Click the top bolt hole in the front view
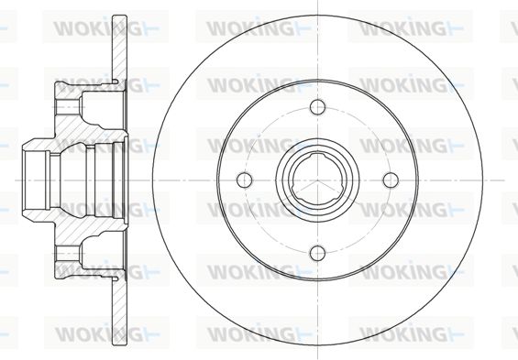point(318,107)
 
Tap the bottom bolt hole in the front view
point(318,253)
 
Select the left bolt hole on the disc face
point(245,180)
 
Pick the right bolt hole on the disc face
point(391,180)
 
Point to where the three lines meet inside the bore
point(318,180)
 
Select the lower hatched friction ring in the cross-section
point(119,311)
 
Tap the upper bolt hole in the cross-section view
point(68,107)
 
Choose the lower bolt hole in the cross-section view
point(68,253)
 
